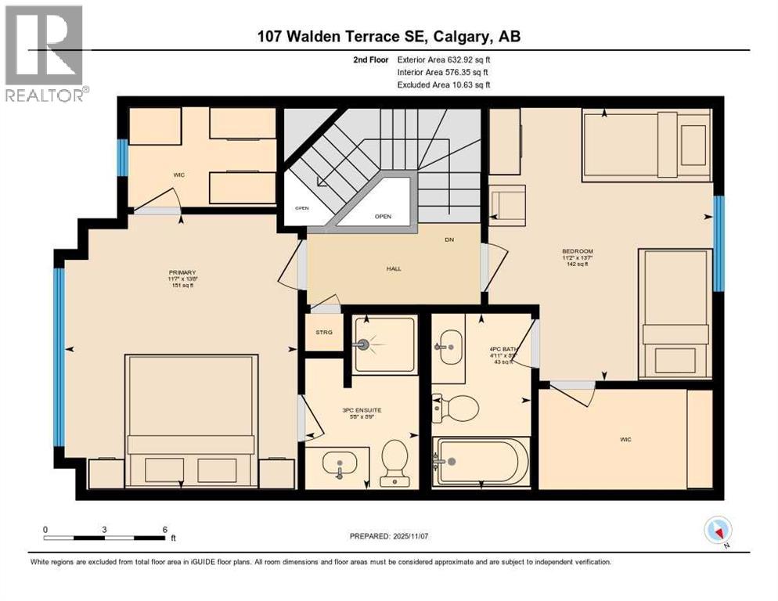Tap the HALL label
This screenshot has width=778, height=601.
point(393,268)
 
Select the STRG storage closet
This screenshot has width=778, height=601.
point(324,333)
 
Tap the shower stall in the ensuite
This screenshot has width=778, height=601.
point(384,344)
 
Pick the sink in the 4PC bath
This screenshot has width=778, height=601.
point(449,342)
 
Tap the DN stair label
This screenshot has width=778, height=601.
point(448,240)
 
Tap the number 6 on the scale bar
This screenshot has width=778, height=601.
point(164,530)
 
